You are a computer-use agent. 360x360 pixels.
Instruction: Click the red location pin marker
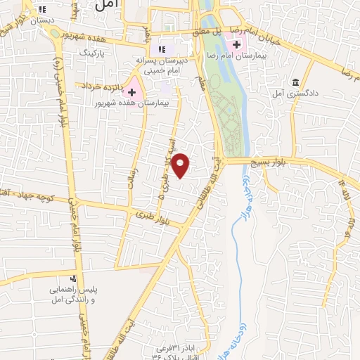tap(181, 165)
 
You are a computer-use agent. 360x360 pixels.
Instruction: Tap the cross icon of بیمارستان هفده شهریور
tap(131, 92)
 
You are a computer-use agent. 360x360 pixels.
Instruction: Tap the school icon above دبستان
tap(42, 10)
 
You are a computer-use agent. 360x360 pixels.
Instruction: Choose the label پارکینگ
tap(91, 53)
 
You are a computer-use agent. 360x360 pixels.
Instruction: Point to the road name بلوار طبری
tap(155, 217)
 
